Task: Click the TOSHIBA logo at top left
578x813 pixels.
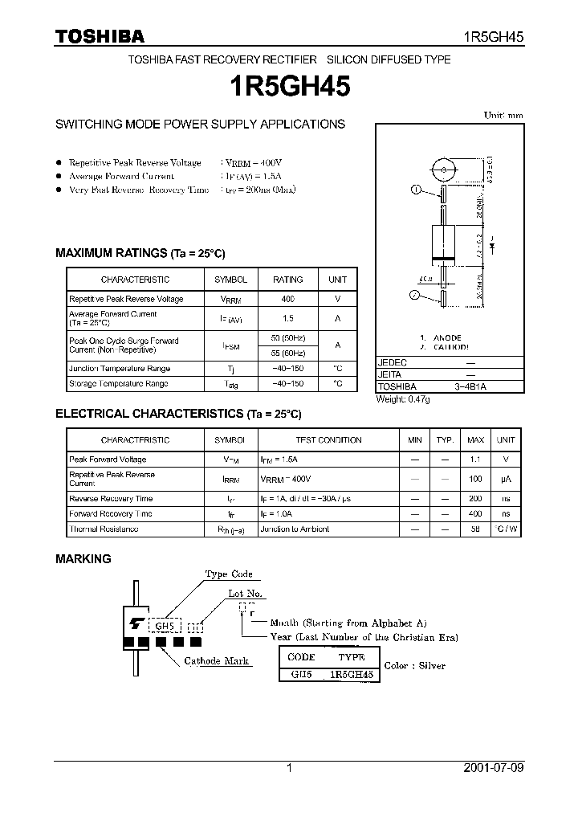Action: tap(99, 36)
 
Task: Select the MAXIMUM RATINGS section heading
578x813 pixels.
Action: tap(140, 252)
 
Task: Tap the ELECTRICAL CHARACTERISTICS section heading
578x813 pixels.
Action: tap(177, 414)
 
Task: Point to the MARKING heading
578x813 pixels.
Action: tap(83, 558)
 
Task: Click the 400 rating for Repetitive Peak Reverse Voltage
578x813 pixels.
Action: tap(287, 299)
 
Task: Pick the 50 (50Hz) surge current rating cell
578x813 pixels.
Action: tap(287, 337)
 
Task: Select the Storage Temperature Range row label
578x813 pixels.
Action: tap(118, 384)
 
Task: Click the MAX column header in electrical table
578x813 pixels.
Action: tap(475, 440)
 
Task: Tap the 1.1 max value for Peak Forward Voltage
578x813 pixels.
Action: tap(475, 460)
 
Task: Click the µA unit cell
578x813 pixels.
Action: tap(506, 479)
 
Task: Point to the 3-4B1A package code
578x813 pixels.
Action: tap(470, 386)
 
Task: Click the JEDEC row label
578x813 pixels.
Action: tap(393, 363)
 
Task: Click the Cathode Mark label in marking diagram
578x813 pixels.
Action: tap(216, 661)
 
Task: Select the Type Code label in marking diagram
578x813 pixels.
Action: tap(229, 574)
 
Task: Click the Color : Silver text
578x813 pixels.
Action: tap(414, 666)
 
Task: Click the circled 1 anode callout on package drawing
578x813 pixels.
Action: tap(416, 190)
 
